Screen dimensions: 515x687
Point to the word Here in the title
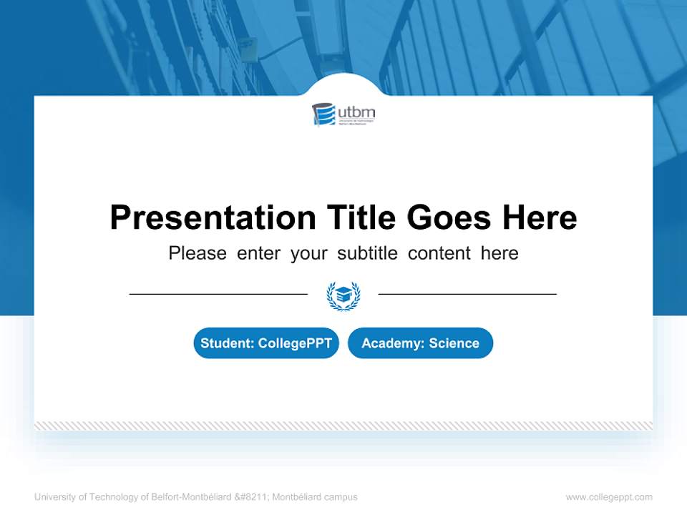tap(540, 217)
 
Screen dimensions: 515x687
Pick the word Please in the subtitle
tap(198, 253)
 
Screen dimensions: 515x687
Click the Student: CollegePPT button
tap(266, 343)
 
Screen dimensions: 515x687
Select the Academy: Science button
tap(420, 343)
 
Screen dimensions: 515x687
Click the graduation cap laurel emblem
tap(343, 295)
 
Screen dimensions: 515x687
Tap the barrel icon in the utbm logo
tap(323, 114)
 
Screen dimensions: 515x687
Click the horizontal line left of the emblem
tap(218, 294)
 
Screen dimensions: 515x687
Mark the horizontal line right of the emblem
tap(467, 294)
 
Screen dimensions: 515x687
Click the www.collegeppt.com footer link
tap(609, 497)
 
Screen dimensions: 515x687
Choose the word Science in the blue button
tap(454, 343)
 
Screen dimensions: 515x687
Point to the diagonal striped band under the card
tap(343, 426)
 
